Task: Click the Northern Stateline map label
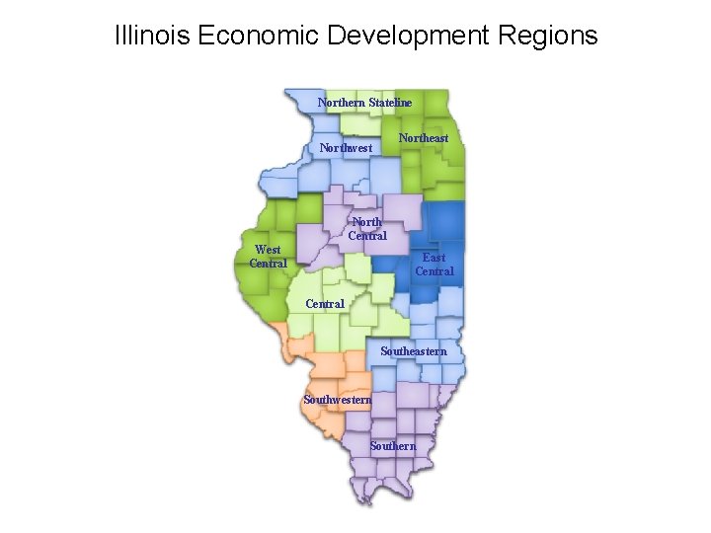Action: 364,103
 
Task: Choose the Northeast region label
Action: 423,138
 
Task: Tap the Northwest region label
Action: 346,148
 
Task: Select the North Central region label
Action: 367,229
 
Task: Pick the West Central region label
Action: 268,257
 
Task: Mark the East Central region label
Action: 434,265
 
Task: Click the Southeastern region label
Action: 414,351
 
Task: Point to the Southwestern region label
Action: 338,400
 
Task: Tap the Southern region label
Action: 393,446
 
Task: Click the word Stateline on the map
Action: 390,103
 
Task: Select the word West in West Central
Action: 268,250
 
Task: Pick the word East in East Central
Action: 434,258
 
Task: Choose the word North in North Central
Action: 367,222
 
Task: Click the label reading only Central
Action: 325,304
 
